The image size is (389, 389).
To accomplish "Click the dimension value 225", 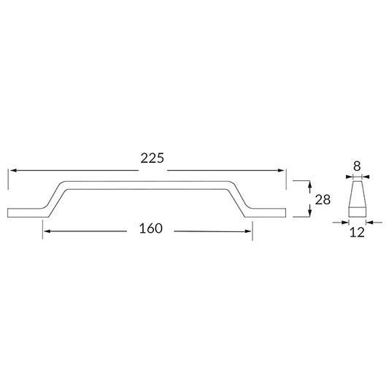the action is [153, 158].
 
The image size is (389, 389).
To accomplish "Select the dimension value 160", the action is [151, 228].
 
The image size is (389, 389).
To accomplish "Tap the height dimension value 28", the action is [323, 200].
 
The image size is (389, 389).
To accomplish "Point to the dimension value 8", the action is [357, 166].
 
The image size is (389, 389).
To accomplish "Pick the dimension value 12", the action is [357, 233].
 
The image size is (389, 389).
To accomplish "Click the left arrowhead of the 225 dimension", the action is [13, 171].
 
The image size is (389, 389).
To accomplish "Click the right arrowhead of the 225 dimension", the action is [281, 171].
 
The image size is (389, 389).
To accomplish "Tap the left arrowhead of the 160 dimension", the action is [47, 231].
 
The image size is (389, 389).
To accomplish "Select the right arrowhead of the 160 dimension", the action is [248, 231].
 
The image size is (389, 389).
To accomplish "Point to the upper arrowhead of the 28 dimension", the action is [309, 185].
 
